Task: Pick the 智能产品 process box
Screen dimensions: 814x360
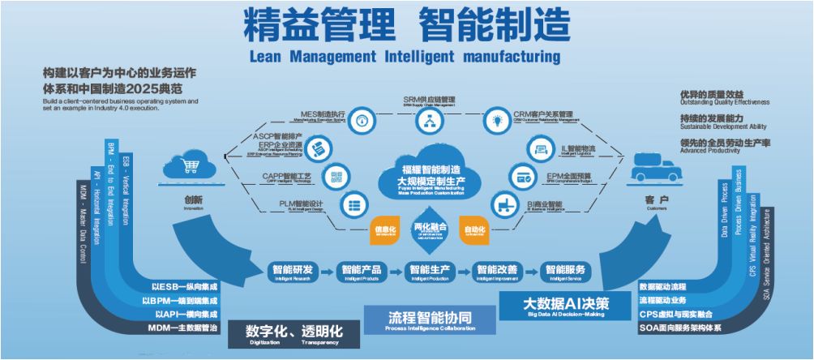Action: pyautogui.click(x=361, y=271)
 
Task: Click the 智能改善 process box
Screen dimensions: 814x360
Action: pyautogui.click(x=496, y=271)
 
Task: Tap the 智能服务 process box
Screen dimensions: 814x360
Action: pyautogui.click(x=565, y=271)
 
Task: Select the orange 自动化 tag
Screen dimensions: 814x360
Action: pyautogui.click(x=475, y=230)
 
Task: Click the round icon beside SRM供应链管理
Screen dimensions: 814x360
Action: pyautogui.click(x=428, y=122)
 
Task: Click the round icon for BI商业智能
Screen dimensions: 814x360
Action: pyautogui.click(x=508, y=204)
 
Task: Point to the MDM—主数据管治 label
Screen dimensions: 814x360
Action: pyautogui.click(x=183, y=328)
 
